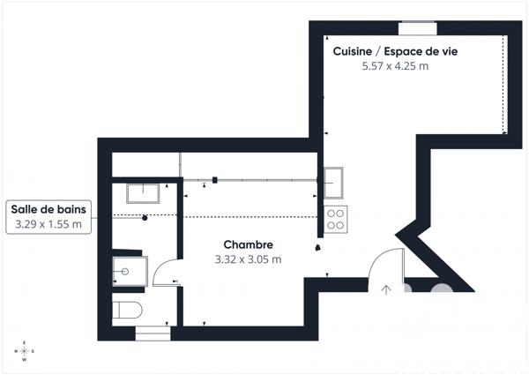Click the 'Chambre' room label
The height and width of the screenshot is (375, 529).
(x=248, y=244)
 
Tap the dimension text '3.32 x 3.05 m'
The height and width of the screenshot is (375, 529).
(x=248, y=259)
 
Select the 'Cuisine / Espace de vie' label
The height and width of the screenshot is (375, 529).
(x=395, y=51)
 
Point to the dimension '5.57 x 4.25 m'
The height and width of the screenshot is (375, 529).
(x=395, y=66)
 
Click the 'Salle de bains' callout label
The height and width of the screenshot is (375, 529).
(x=48, y=209)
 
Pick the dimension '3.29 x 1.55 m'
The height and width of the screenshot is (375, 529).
(x=48, y=225)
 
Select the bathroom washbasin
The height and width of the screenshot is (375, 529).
(x=141, y=193)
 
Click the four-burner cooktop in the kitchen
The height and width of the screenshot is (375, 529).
(x=336, y=218)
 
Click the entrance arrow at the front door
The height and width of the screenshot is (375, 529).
(x=386, y=288)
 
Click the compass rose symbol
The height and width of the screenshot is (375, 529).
(x=24, y=351)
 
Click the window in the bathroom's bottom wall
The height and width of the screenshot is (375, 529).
(x=153, y=333)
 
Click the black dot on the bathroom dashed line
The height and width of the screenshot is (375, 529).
(x=145, y=217)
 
